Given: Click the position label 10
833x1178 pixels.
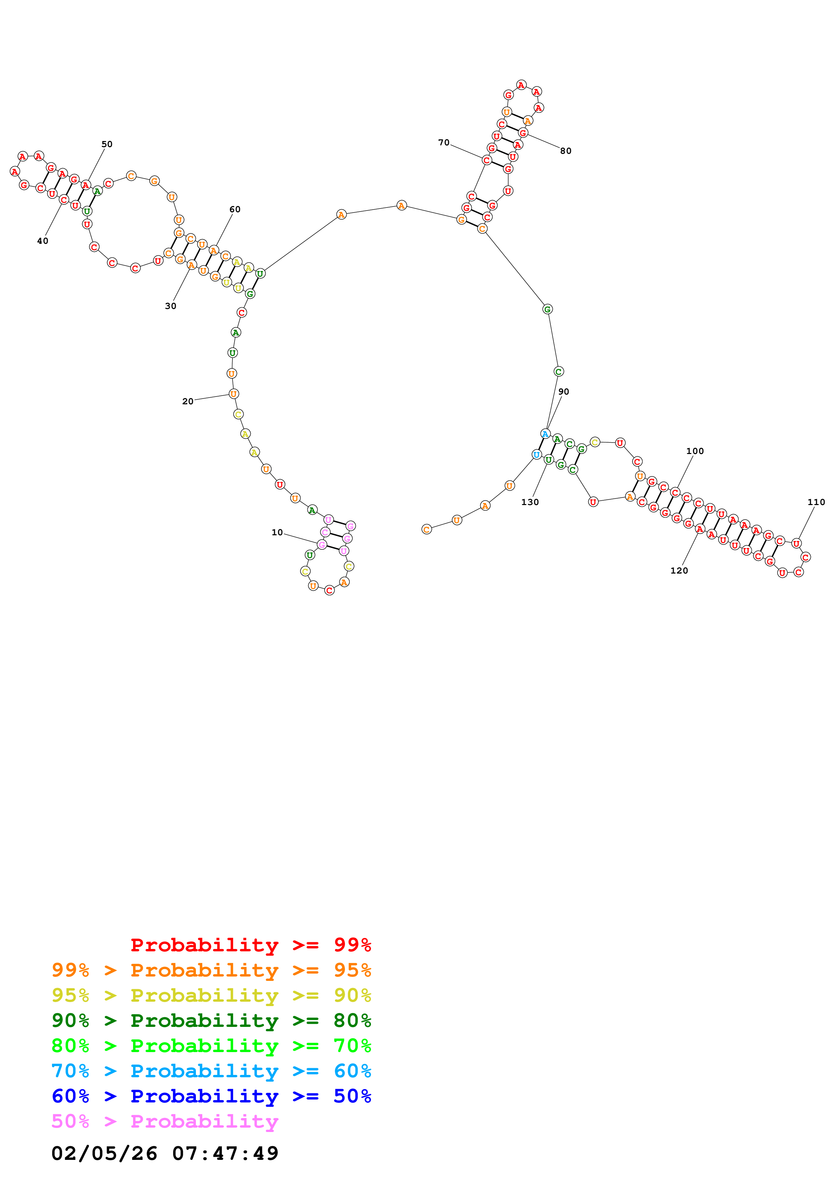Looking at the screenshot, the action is click(x=277, y=533).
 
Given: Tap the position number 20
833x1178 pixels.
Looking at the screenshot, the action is click(x=188, y=401).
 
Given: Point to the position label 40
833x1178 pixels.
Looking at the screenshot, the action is click(x=43, y=241).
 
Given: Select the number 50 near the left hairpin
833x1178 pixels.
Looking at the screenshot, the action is click(x=107, y=144).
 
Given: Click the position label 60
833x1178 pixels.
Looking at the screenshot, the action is click(x=235, y=209).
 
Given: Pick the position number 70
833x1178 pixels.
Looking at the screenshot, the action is click(x=444, y=143).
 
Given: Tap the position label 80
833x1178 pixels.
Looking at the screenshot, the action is click(x=566, y=151).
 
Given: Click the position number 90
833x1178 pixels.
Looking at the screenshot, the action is click(x=564, y=392).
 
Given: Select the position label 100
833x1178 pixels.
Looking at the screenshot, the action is click(x=695, y=451).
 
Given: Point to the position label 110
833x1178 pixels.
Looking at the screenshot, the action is click(x=816, y=502).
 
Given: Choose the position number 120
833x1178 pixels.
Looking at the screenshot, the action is click(x=679, y=571).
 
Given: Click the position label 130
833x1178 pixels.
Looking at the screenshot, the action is click(x=530, y=502).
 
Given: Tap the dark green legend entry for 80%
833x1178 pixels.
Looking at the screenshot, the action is click(x=211, y=1021).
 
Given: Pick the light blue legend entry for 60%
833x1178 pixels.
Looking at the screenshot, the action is click(x=211, y=1071).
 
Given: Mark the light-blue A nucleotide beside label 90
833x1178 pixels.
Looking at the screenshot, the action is click(x=545, y=434).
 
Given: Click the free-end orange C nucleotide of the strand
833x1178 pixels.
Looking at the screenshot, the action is click(x=426, y=530).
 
